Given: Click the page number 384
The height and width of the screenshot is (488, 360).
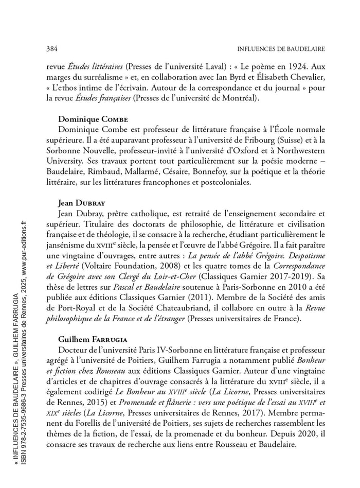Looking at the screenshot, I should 51,49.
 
